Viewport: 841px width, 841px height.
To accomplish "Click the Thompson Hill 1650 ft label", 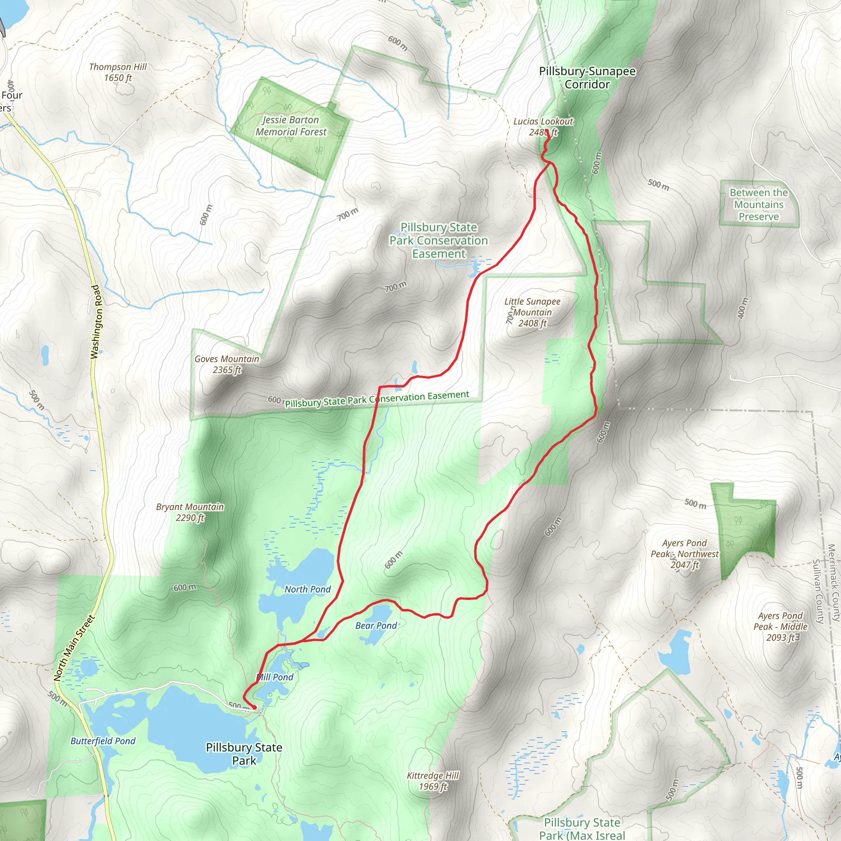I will pos(118,72).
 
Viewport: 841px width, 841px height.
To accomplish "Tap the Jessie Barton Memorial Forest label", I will pos(291,126).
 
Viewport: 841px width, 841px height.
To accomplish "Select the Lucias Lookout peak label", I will pos(543,126).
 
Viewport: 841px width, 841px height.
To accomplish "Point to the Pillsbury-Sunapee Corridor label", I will pos(587,78).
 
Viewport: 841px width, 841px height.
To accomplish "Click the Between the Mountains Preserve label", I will pos(759,205).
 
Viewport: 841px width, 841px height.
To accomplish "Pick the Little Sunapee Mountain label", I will pos(532,312).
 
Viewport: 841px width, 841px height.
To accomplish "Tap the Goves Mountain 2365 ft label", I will pos(227,364).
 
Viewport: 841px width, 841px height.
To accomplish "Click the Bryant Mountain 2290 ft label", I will pos(190,512).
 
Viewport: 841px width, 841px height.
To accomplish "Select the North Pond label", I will pos(308,589).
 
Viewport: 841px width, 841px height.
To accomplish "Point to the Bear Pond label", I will pos(376,625).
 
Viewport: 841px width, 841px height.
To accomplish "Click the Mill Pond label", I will pos(276,677).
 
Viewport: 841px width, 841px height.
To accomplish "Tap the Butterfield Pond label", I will pos(103,741).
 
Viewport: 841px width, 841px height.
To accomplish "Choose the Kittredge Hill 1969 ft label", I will pos(433,781).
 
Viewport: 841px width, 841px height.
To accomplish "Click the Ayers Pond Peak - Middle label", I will pos(781,626).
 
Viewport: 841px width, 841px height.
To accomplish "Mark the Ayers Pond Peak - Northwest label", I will pos(684,554).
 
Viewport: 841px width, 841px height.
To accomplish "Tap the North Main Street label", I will pos(74,648).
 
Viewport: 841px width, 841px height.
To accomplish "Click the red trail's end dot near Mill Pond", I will pos(254,708).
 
